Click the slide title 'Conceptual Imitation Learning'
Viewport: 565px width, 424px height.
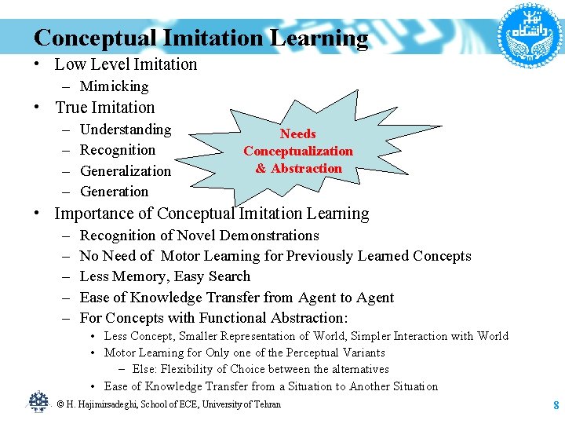[x=201, y=38]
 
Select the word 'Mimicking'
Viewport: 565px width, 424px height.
[x=114, y=86]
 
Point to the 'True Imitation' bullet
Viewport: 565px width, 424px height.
[x=105, y=108]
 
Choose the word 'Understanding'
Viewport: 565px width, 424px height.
[x=126, y=130]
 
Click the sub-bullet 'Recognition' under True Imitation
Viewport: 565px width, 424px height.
[x=118, y=150]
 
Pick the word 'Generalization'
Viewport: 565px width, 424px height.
[x=126, y=171]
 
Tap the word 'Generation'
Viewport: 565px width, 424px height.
[x=115, y=192]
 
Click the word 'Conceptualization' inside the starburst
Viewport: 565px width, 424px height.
[x=298, y=151]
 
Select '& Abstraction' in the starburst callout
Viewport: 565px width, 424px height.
[x=298, y=168]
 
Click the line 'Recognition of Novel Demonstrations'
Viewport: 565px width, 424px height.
[x=199, y=236]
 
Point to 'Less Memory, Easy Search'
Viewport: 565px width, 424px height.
[x=165, y=276]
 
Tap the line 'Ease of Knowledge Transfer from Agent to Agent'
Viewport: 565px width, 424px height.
[x=237, y=298]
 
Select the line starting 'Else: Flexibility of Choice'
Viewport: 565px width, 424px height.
[x=260, y=369]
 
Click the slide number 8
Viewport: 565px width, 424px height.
[x=556, y=405]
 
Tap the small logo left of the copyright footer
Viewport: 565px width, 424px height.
[x=38, y=402]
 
